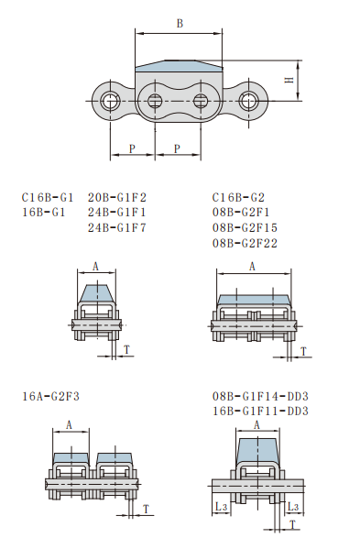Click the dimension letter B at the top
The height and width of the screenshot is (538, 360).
click(x=180, y=23)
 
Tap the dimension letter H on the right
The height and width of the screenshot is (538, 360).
click(x=289, y=80)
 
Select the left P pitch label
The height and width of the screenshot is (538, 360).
click(x=132, y=148)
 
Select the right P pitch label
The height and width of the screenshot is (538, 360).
click(x=177, y=148)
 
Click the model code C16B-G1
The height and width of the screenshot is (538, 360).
click(x=48, y=197)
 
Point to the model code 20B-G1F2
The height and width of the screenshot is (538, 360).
click(x=117, y=197)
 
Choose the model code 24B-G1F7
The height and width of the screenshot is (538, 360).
click(x=117, y=227)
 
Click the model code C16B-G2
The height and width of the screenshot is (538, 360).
click(x=238, y=197)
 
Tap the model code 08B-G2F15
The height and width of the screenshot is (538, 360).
click(x=245, y=227)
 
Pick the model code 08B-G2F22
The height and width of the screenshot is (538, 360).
click(x=245, y=243)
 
